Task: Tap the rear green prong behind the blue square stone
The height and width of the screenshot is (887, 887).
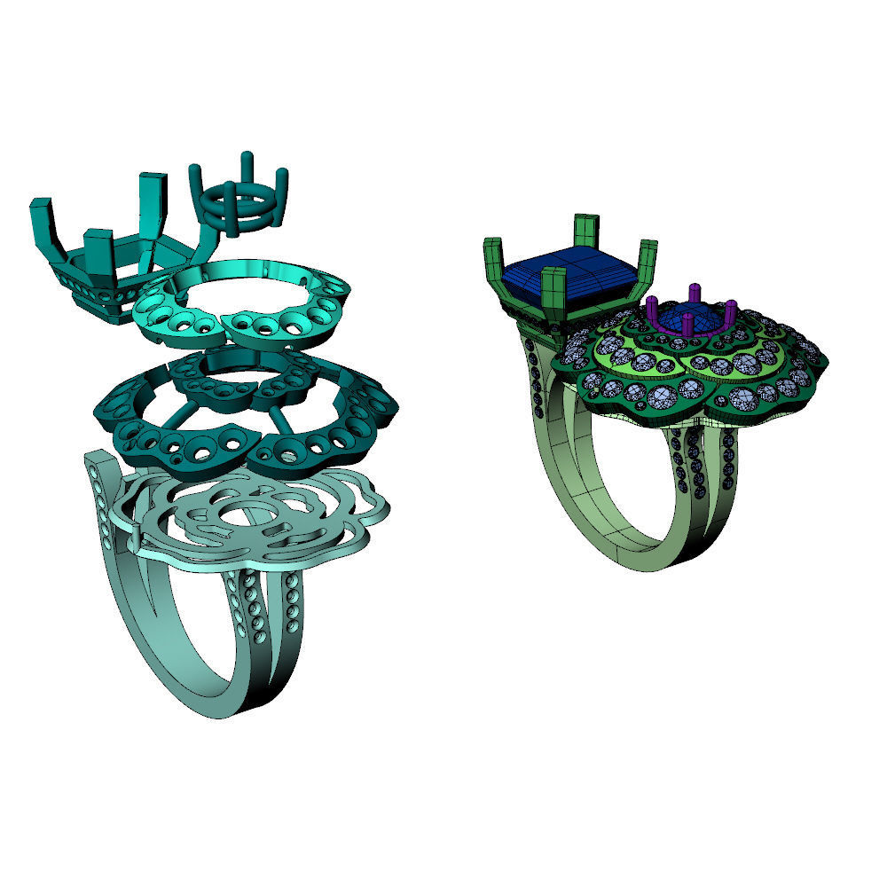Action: (585, 233)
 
